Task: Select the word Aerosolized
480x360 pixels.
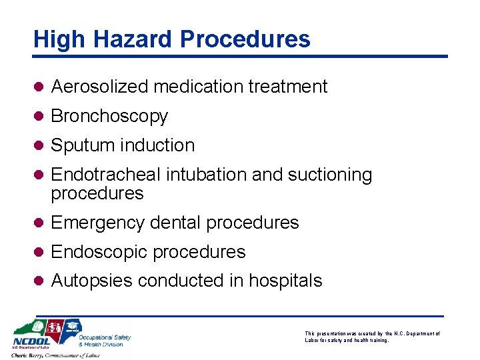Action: [101, 87]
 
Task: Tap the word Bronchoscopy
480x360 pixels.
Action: [109, 116]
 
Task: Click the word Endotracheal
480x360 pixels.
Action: [106, 175]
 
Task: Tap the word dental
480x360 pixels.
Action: [177, 223]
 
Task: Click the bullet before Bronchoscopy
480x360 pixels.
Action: [39, 116]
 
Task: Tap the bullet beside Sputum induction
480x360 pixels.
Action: [39, 145]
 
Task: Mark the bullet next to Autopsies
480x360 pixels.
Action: [39, 281]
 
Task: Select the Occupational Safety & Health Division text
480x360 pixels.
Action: [105, 341]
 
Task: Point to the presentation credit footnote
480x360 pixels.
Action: [372, 337]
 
